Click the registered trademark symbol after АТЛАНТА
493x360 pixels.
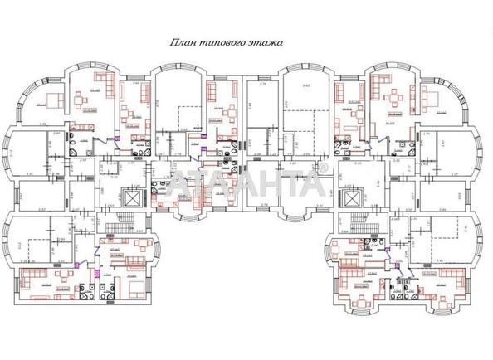(325, 171)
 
